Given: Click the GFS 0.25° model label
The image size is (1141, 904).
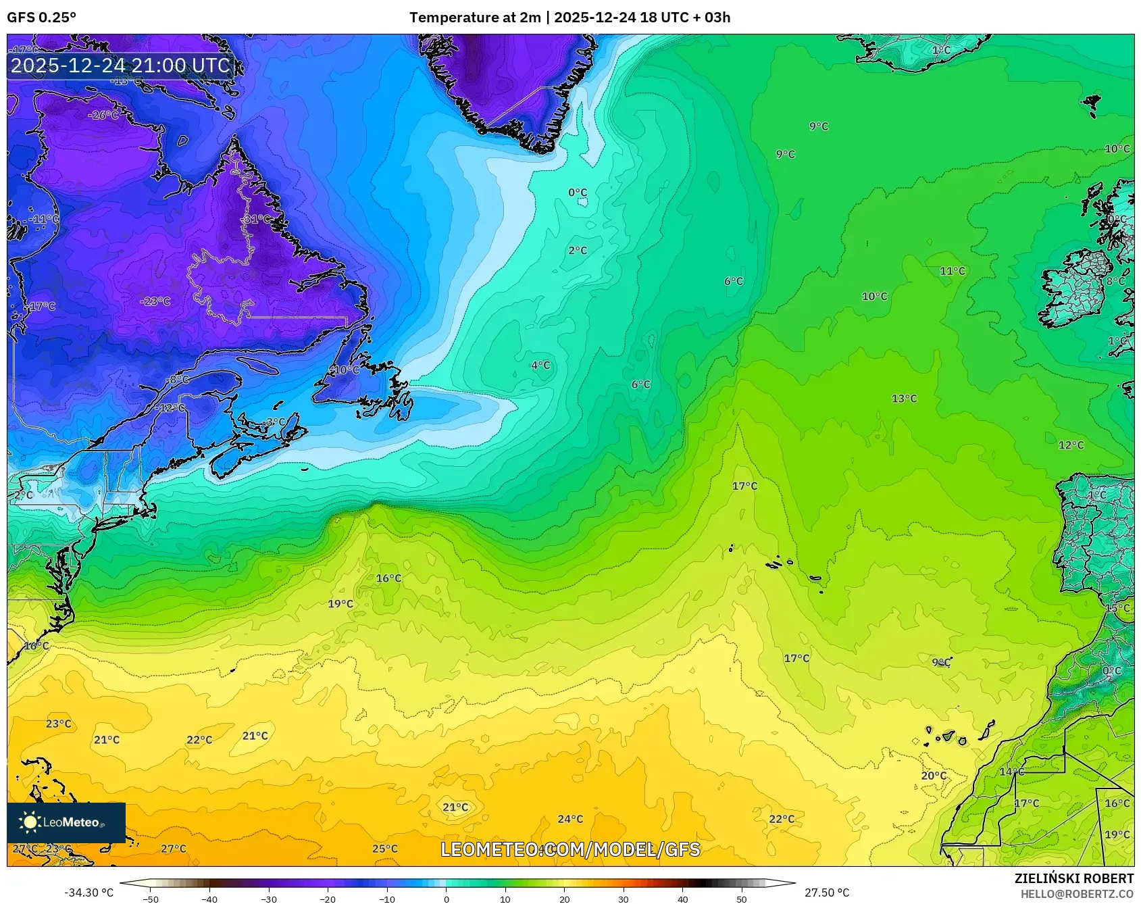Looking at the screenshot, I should (x=41, y=18).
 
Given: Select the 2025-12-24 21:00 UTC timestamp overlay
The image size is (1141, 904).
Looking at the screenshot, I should (x=120, y=66).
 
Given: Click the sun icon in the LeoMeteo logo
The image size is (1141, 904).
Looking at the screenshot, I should (x=30, y=822).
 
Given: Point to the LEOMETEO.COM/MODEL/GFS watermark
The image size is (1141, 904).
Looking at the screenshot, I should (x=570, y=849).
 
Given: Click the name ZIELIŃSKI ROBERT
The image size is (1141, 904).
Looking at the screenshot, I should (x=1073, y=878).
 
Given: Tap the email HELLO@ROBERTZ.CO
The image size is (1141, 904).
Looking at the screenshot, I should (x=1077, y=894).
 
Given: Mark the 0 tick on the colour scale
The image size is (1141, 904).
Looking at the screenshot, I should (x=446, y=899).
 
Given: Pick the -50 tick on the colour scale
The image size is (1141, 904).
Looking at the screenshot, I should (x=151, y=899).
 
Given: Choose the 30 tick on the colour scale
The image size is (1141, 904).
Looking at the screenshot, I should (x=624, y=899).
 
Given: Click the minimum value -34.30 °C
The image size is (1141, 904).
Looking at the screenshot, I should (x=88, y=893).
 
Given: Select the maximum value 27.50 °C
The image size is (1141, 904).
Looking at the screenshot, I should (x=827, y=893).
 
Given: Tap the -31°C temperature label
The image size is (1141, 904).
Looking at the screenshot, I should (x=257, y=220).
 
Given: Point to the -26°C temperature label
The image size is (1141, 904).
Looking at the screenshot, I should (x=103, y=116).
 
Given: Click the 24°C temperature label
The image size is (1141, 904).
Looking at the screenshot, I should (x=570, y=819).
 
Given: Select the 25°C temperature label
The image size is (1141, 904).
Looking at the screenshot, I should (x=385, y=849).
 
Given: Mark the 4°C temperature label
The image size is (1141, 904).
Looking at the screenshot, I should (x=540, y=366).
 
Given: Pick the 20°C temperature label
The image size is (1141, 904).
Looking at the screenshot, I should (x=934, y=776).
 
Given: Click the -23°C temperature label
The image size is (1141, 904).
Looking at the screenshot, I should (x=155, y=301).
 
